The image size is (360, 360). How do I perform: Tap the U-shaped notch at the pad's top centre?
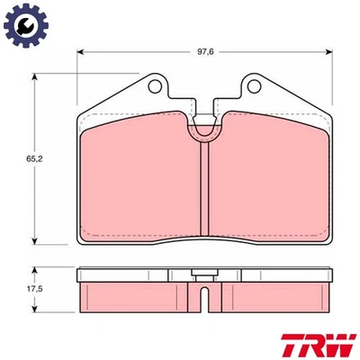pos(207,130)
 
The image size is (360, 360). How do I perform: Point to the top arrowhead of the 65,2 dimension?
pos(35,77)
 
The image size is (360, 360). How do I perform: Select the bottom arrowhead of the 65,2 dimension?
pos(35,242)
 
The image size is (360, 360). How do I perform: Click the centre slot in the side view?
pos(207,293)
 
